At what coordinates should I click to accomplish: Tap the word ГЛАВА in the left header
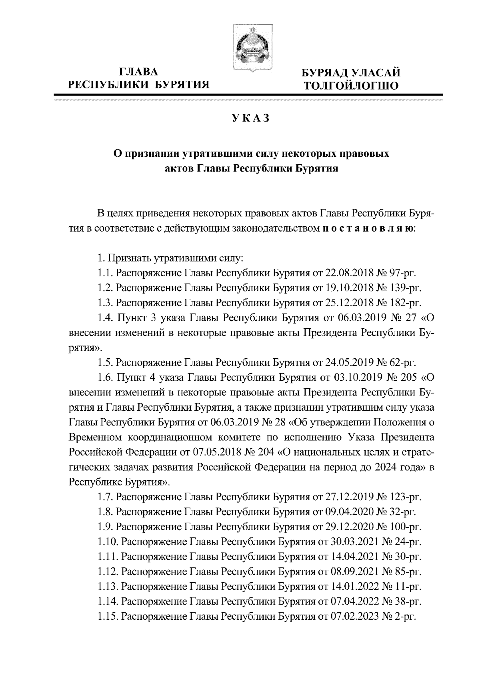[139, 72]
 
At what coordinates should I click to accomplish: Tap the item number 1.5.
[106, 363]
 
